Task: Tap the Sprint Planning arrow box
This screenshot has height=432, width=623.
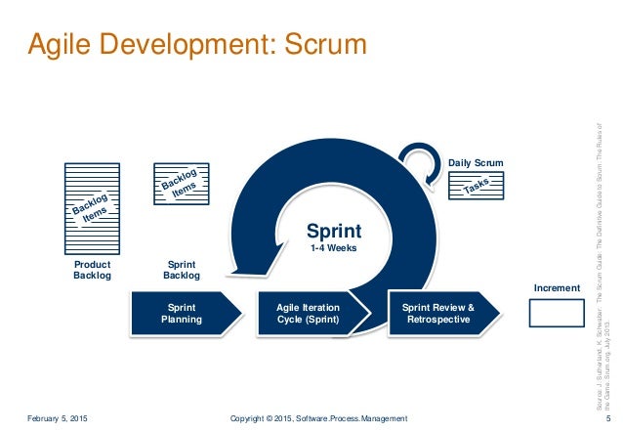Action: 183,313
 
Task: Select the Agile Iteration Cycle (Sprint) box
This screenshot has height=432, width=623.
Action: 308,313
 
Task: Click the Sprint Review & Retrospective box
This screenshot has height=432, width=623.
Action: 438,313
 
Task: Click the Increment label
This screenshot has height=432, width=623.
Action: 557,288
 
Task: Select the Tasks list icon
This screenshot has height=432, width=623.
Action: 476,188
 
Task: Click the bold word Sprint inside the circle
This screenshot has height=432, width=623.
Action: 334,232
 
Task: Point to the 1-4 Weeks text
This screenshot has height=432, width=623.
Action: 334,250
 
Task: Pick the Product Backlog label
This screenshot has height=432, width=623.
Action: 93,270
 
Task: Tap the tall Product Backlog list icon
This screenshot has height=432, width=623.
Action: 93,206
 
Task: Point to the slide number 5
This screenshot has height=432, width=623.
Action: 607,418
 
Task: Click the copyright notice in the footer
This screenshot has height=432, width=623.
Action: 318,418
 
